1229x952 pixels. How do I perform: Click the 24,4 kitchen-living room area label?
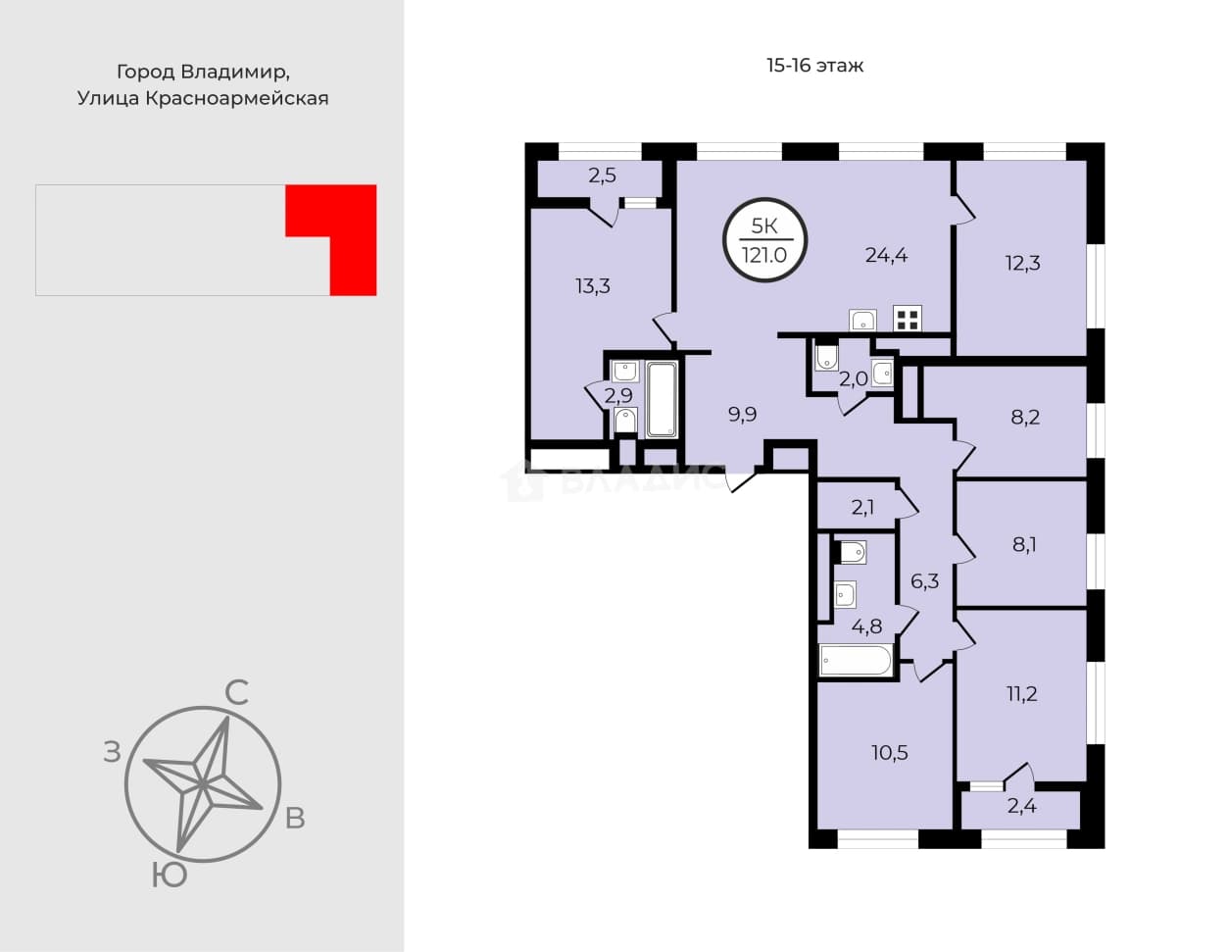click(886, 255)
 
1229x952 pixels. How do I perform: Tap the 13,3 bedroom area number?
click(593, 286)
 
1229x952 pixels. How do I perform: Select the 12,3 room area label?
click(1022, 263)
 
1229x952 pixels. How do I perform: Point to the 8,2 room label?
click(1025, 418)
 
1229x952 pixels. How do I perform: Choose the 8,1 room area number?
click(1024, 545)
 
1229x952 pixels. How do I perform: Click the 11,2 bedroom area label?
click(1022, 693)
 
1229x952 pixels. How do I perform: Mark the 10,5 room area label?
click(890, 753)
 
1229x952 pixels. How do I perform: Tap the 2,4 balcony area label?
click(1021, 806)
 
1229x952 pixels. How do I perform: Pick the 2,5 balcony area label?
click(602, 175)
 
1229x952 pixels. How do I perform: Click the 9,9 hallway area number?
click(742, 415)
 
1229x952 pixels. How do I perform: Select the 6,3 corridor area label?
click(925, 581)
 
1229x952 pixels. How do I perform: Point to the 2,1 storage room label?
click(862, 508)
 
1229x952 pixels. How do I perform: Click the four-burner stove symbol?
click(908, 318)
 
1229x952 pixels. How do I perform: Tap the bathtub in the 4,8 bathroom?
click(856, 660)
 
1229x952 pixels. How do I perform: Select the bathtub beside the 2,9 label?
click(662, 399)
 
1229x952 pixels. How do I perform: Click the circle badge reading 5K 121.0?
click(764, 240)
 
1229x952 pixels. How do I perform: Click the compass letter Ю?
click(170, 876)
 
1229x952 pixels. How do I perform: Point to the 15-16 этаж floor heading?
click(815, 66)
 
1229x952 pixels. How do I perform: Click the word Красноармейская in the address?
click(237, 98)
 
